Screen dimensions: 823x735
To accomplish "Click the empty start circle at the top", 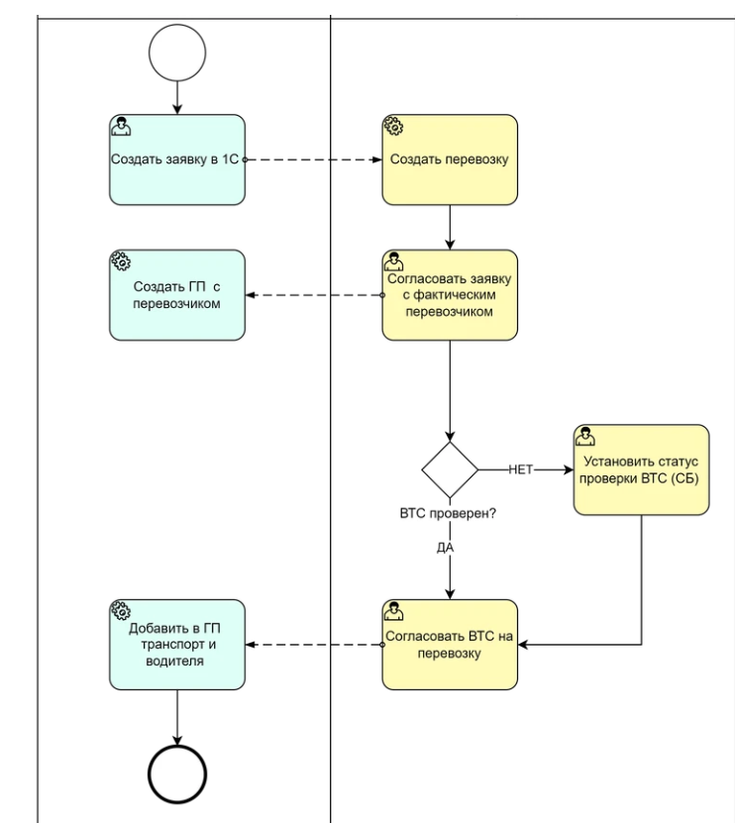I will point(176,52).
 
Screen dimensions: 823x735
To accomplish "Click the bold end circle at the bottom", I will point(176,772).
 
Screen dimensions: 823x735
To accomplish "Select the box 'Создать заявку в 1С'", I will point(176,159).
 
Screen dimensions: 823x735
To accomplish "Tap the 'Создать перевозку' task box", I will point(450,159).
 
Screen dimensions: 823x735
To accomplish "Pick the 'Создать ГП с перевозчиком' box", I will point(176,294).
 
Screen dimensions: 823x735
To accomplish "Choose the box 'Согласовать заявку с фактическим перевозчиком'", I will point(450,294).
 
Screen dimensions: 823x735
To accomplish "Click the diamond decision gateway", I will point(450,469).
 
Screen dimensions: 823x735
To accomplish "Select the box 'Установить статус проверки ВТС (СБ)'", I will point(641,469).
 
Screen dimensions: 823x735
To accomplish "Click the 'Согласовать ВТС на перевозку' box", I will point(450,645).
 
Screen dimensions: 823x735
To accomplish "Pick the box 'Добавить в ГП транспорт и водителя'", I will point(176,645).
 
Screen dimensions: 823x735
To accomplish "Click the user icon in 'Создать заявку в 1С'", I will point(120,127).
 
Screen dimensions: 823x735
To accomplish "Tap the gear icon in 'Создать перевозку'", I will point(393,127).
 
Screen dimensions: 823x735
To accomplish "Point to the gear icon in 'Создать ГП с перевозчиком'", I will point(120,261).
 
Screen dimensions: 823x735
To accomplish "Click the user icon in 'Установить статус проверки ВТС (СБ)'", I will point(584,436).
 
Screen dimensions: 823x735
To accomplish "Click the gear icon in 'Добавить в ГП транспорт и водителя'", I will point(120,612).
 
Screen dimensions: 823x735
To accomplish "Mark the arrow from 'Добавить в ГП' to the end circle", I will point(176,715).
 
